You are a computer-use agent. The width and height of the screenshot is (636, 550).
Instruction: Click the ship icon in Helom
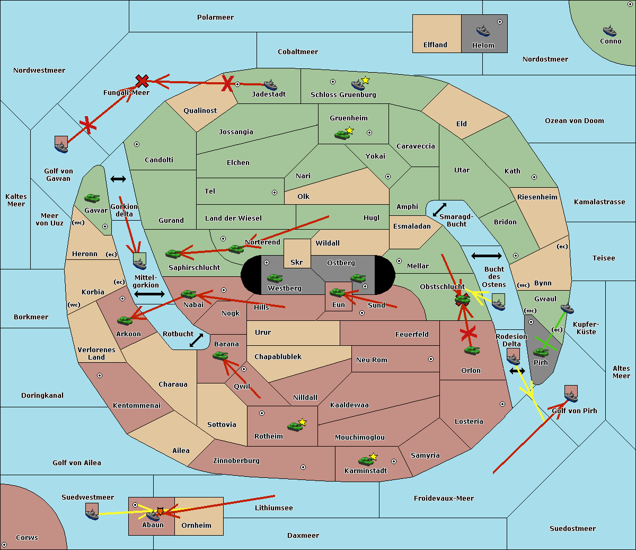pos(483,30)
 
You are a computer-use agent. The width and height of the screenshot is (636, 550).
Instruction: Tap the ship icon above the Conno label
pos(609,31)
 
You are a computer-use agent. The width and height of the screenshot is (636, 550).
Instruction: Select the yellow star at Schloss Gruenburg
pos(365,81)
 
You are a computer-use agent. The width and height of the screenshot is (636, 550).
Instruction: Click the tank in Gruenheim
pos(342,135)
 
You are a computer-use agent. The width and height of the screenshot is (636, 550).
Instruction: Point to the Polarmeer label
pos(215,18)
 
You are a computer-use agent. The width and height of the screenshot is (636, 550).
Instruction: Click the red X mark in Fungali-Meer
pos(142,81)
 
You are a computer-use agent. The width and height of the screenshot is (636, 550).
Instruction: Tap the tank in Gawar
pos(92,198)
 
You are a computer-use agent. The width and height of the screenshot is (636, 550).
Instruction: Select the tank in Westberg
pos(275,278)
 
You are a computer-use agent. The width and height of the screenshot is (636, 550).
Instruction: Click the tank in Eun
pos(337,292)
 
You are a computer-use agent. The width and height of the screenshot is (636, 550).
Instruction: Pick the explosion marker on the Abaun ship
pos(160,511)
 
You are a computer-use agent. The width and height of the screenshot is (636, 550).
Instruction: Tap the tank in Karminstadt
pos(366,461)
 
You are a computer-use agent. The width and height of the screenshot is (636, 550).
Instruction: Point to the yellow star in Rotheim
pos(302,422)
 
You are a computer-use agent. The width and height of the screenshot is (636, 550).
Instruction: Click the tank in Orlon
pos(472,351)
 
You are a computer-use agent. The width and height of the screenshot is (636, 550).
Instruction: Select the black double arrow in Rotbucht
pos(196,341)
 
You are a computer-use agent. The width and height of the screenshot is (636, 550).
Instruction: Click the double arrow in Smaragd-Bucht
pos(439,209)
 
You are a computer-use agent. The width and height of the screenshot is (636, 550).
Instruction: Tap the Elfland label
pos(435,45)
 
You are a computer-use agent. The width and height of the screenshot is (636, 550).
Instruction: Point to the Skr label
pos(297,262)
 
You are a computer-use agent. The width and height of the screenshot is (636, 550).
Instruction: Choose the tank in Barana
pos(220,356)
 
